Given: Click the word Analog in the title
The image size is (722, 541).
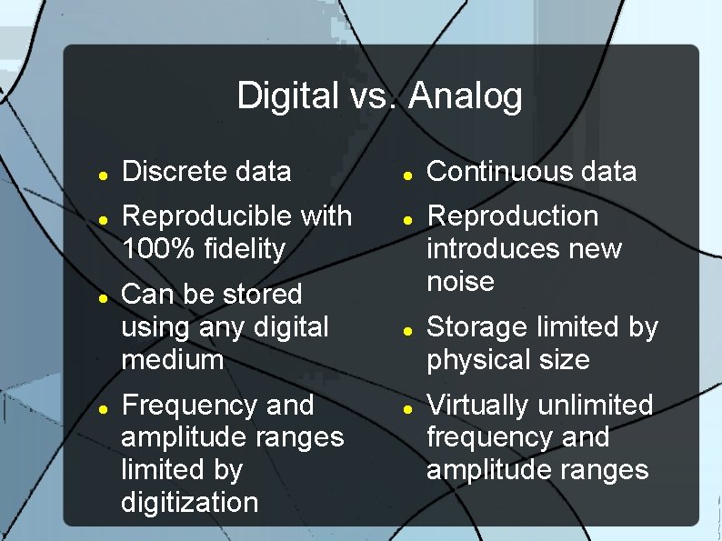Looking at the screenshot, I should (x=466, y=96).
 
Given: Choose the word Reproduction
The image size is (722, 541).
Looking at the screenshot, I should (x=513, y=216).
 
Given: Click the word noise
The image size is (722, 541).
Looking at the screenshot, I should (x=460, y=281).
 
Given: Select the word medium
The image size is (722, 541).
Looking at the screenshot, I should (x=172, y=359).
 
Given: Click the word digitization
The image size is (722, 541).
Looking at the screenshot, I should (x=189, y=502).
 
